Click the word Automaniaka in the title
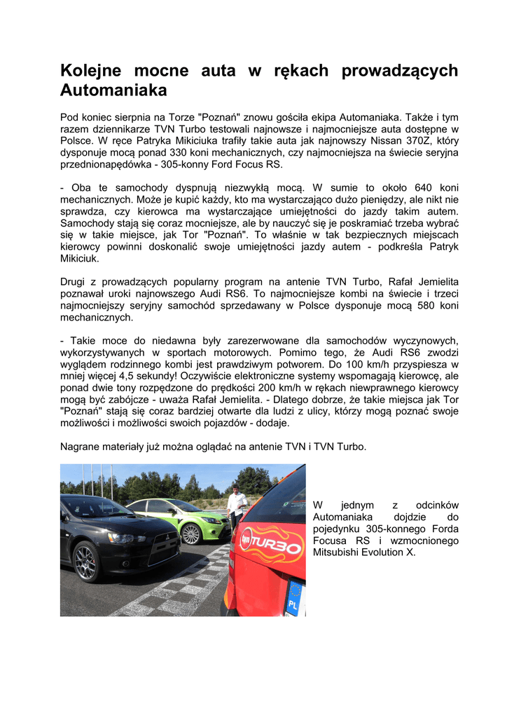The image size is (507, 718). click(113, 90)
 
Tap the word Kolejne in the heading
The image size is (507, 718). click(89, 71)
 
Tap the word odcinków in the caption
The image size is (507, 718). click(436, 505)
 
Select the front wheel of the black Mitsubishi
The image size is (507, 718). click(88, 560)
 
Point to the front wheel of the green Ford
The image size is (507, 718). click(190, 534)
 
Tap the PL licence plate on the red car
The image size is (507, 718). click(295, 598)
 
